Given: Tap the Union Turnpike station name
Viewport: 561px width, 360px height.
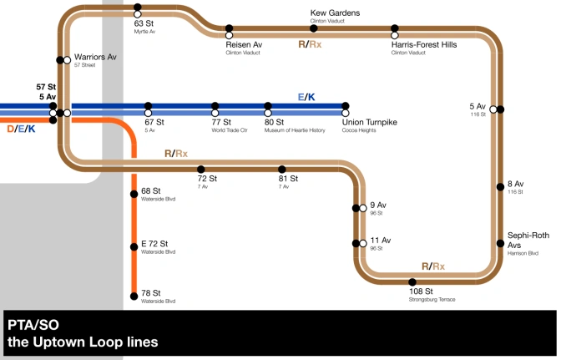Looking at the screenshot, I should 369,123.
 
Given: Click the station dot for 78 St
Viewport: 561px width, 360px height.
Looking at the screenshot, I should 134,295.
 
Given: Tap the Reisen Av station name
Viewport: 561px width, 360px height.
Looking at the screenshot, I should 244,44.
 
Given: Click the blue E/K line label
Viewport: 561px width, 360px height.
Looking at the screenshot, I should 307,98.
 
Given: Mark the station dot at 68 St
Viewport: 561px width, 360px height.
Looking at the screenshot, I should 134,194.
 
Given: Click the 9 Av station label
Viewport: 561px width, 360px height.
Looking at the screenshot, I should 378,205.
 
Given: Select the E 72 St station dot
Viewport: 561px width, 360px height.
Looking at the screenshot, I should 134,246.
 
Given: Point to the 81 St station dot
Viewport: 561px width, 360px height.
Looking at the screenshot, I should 282,169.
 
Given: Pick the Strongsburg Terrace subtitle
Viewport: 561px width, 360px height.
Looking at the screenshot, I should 432,299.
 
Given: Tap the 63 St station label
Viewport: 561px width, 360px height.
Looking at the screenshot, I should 144,24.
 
